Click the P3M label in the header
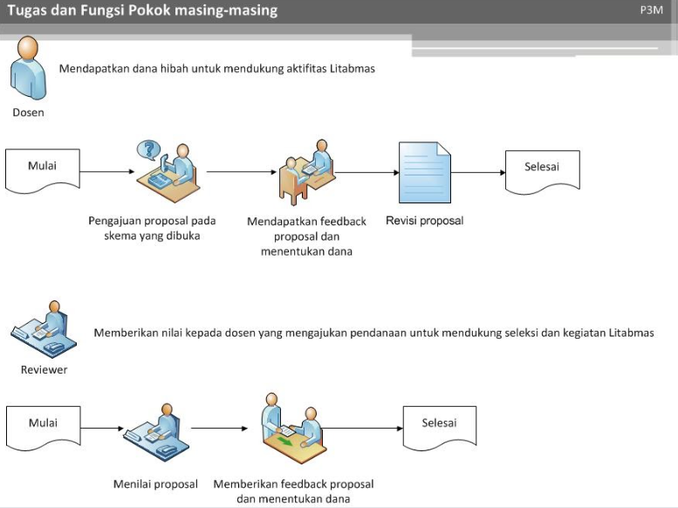pos(651,10)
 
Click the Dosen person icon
pos(29,68)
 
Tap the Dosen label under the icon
pos(28,113)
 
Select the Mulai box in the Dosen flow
pos(43,170)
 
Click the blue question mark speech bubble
pos(148,150)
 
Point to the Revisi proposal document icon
pos(425,173)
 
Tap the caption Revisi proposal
pos(425,221)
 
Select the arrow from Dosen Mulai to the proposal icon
pos(107,172)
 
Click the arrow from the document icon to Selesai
pos(478,173)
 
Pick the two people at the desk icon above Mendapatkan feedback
pos(306,172)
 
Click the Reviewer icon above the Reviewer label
pos(44,329)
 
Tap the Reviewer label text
pos(45,370)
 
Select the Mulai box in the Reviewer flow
pos(44,428)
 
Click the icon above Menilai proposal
pos(156,432)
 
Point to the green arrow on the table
pos(284,442)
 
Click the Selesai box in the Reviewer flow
pos(440,428)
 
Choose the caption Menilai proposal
pos(155,484)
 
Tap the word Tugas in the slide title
pos(27,10)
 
